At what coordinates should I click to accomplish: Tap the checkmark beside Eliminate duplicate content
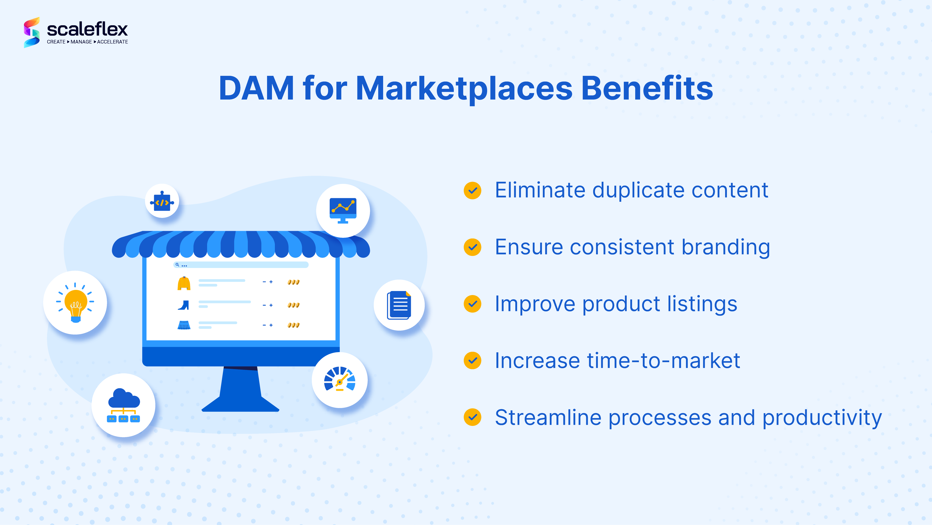(473, 190)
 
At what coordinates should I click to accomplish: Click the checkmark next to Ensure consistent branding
(473, 247)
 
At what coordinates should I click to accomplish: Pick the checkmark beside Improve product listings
(473, 304)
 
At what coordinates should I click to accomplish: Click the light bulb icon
(75, 302)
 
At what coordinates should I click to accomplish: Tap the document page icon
(399, 305)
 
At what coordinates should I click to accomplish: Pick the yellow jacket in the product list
(184, 283)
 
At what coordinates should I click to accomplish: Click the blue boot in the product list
(184, 305)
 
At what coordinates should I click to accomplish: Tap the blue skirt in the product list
(184, 325)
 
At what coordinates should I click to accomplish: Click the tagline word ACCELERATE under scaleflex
(113, 42)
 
